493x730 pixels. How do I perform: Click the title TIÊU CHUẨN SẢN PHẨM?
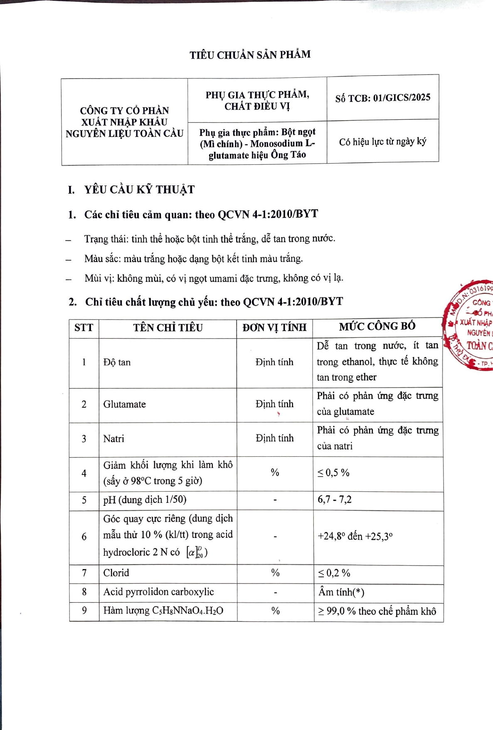(250, 55)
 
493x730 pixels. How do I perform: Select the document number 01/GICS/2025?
(402, 98)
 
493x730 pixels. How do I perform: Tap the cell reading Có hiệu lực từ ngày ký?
(382, 142)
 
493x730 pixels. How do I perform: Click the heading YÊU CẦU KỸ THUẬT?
(139, 190)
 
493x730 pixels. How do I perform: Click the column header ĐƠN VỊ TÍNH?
(274, 327)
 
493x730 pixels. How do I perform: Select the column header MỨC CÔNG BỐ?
(377, 327)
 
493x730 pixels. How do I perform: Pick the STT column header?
(84, 328)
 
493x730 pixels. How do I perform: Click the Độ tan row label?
(117, 362)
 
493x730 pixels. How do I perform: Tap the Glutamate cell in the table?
(124, 404)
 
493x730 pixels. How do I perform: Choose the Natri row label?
(113, 439)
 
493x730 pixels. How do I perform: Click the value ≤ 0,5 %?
(333, 473)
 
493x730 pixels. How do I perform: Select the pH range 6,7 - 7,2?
(334, 500)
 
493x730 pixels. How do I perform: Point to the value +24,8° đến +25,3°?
(355, 536)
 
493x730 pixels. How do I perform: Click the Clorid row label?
(116, 573)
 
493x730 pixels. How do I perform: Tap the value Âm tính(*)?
(341, 592)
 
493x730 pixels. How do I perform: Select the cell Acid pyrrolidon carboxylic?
(158, 592)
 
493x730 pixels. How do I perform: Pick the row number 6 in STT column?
(84, 537)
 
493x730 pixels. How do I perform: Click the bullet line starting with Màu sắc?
(193, 259)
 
